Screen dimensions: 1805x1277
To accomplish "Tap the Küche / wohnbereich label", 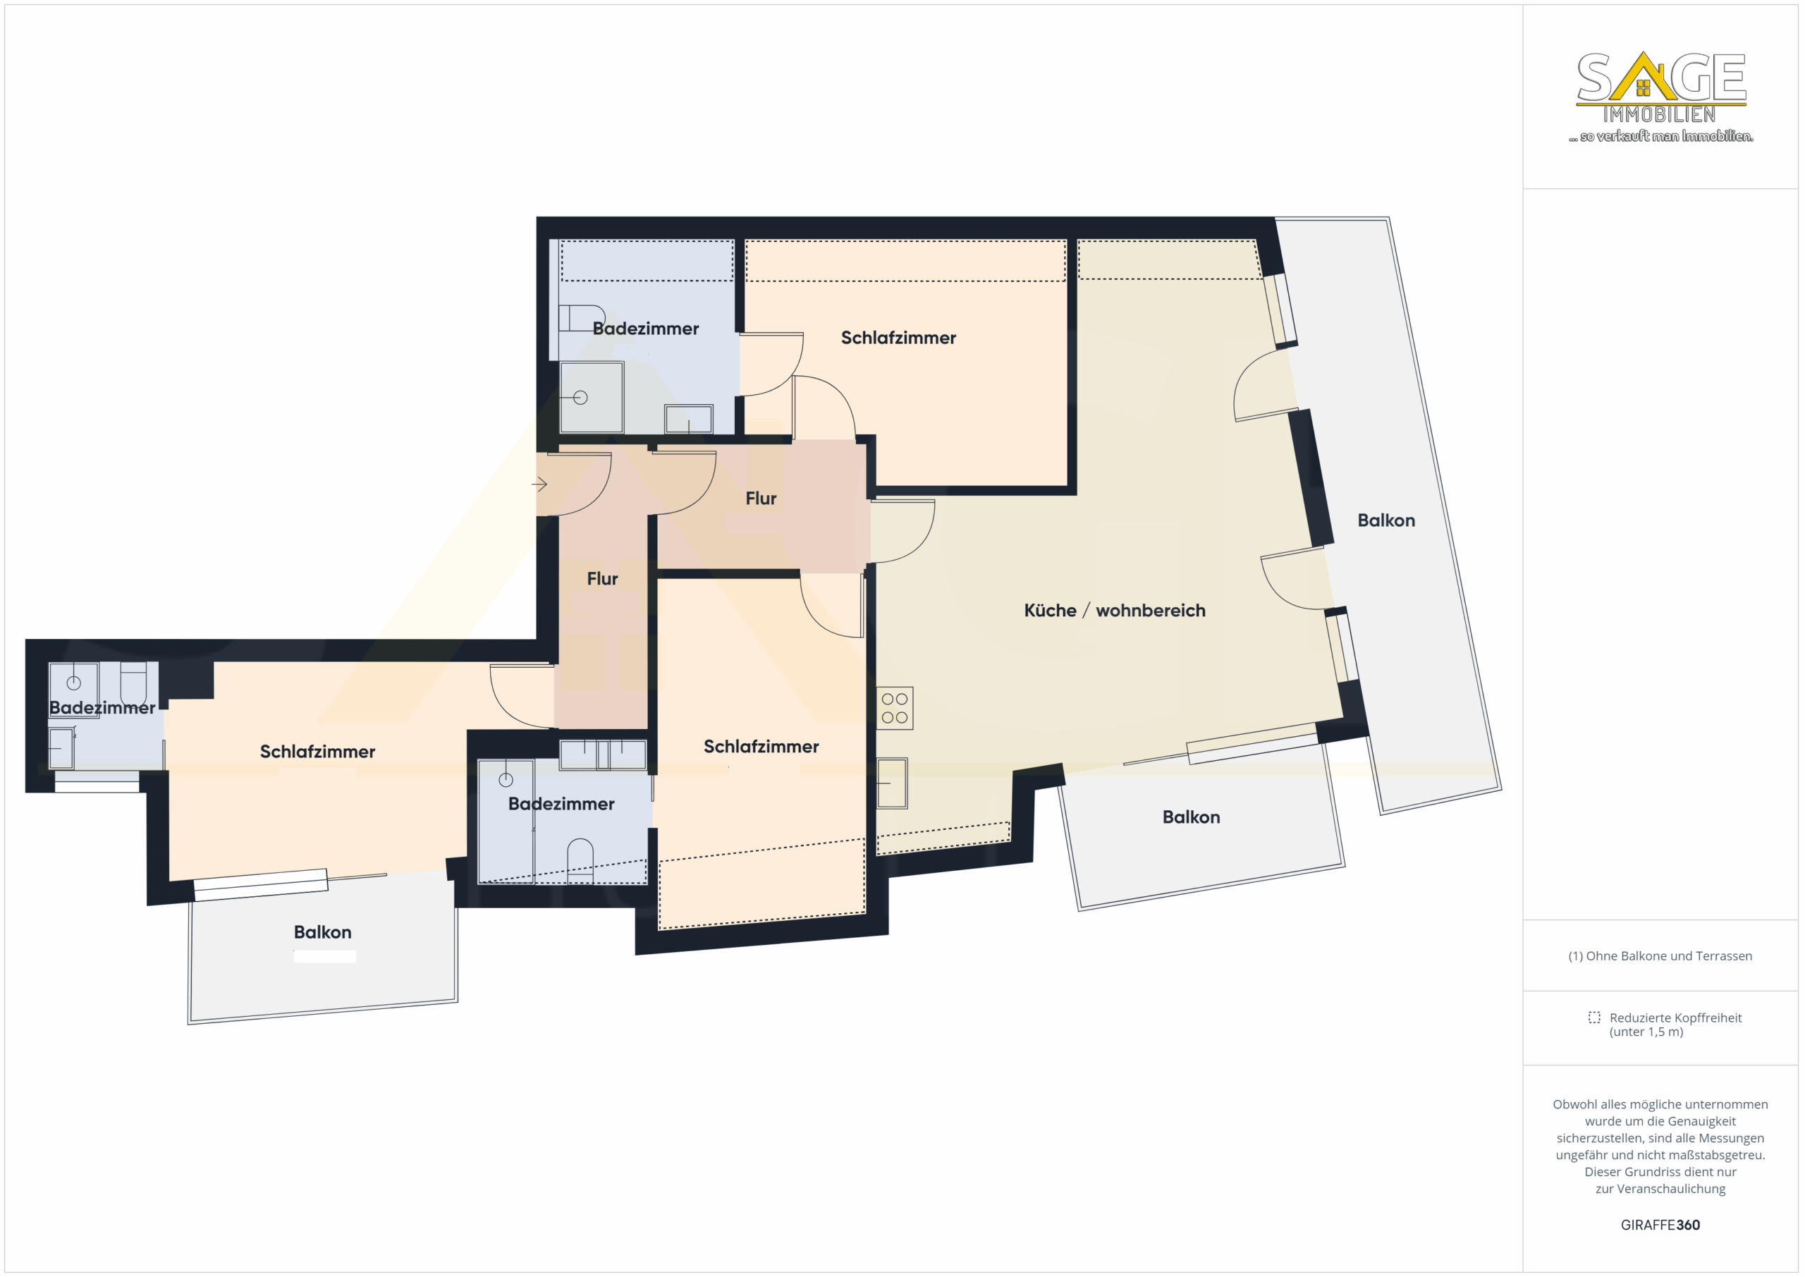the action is click(1114, 610).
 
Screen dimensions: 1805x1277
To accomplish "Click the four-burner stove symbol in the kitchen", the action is click(895, 708).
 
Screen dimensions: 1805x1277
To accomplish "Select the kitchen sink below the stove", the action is click(893, 783).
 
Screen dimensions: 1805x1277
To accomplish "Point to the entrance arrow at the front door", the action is click(539, 484).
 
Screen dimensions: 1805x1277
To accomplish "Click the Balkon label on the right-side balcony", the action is click(1386, 520).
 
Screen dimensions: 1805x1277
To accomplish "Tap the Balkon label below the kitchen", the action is click(1191, 817).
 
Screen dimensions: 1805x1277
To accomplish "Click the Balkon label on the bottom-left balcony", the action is click(322, 931).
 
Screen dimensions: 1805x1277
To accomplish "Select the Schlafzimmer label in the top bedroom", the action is click(898, 337).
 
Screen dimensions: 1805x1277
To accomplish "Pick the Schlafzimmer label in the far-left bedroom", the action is click(317, 751).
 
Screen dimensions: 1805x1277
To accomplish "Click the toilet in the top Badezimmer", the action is click(581, 318).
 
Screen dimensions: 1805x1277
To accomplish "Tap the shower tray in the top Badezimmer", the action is click(591, 397).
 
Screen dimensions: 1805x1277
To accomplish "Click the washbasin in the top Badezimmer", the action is click(689, 418).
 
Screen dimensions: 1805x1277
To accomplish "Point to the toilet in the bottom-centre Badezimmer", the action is click(580, 860).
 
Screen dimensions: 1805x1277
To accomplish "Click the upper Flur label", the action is click(761, 499).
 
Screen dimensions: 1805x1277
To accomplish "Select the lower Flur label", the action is click(602, 579).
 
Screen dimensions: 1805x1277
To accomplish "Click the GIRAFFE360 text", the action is click(1660, 1224).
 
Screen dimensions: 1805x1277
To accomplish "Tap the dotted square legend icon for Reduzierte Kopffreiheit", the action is click(1593, 1017).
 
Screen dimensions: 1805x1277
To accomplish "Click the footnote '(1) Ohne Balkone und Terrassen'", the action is click(1660, 955).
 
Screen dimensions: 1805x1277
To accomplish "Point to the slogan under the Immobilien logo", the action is click(1661, 136).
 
